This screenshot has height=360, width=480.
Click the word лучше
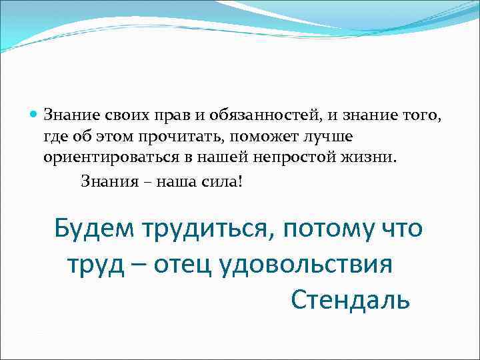click(x=327, y=137)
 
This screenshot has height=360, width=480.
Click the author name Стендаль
click(x=350, y=301)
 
